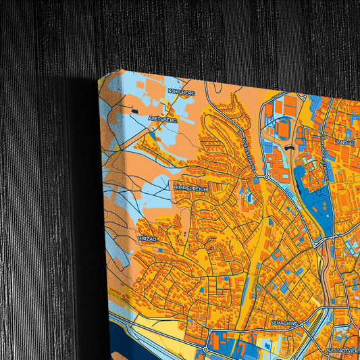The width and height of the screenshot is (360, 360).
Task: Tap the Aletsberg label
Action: point(162,119)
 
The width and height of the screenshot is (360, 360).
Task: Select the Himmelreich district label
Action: point(190,189)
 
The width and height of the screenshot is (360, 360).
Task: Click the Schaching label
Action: point(282,324)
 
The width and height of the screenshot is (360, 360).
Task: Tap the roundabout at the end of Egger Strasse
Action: point(267,177)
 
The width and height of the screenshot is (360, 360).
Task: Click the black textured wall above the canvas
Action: point(203,34)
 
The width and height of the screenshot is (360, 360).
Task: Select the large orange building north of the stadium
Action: point(290,105)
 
